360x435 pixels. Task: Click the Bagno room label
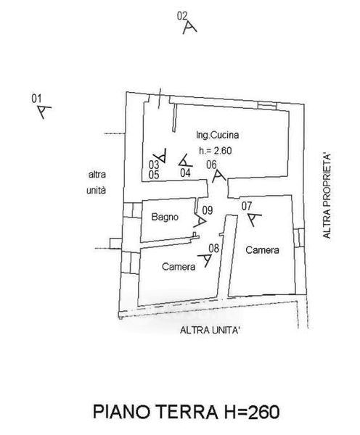pos(165,217)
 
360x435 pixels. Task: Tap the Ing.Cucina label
pos(218,135)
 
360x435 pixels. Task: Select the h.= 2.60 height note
pos(216,151)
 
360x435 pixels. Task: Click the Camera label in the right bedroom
pos(262,250)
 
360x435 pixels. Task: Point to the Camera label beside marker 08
pos(179,267)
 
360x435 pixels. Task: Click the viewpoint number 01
pos(36,99)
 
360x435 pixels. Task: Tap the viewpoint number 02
pos(182,16)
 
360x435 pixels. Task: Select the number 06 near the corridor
pos(211,165)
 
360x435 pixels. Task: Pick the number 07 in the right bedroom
pos(247,206)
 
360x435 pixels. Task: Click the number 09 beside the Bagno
pos(208,210)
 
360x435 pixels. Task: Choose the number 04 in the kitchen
pos(186,173)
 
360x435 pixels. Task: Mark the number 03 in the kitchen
pos(154,165)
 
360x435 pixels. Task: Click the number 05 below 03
pos(154,175)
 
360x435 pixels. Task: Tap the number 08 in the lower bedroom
pos(214,248)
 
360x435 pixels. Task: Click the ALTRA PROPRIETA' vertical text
pos(327,196)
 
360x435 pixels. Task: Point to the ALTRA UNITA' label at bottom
pos(210,330)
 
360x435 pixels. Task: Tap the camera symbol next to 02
pos(189,28)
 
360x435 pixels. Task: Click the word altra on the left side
pos(97,175)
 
